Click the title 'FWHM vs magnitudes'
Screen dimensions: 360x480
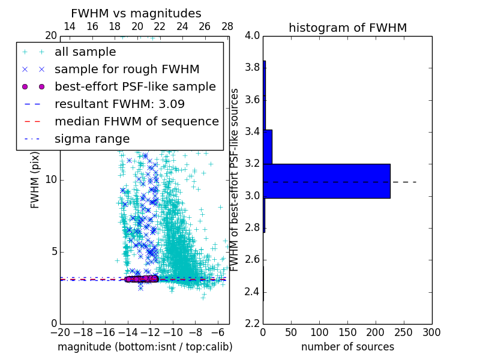point(136,13)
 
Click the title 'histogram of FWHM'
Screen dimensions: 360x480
point(347,28)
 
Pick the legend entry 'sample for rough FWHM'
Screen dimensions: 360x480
point(127,70)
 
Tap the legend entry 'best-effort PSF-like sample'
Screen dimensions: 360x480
point(135,87)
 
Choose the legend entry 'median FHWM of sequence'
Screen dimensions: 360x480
point(136,122)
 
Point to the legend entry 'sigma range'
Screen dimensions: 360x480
point(92,139)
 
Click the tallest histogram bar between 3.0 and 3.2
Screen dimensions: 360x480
point(326,181)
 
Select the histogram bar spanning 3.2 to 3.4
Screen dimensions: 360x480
point(268,146)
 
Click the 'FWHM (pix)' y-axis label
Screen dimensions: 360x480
point(35,179)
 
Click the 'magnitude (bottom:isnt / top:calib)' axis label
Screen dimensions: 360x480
point(145,347)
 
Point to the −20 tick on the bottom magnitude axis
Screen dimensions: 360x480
point(60,332)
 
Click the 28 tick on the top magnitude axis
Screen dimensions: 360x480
point(227,26)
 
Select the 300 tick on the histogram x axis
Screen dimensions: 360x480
point(431,332)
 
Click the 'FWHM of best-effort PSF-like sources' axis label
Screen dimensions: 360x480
point(235,179)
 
